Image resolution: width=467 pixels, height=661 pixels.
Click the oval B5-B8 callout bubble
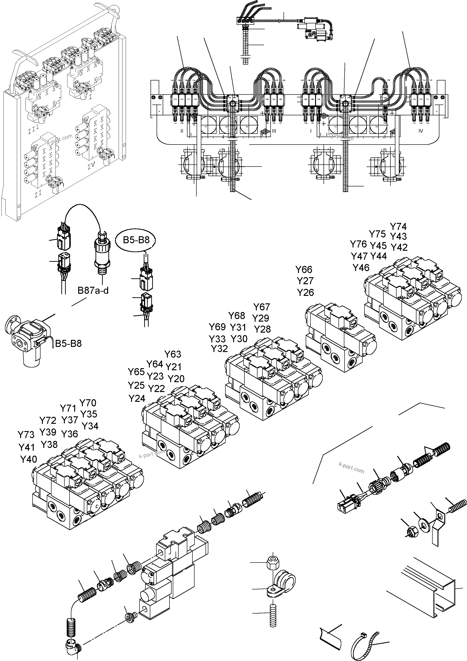pyautogui.click(x=136, y=240)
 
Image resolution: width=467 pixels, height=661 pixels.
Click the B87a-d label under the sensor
pyautogui.click(x=93, y=291)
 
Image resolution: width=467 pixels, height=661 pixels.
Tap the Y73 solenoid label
pyautogui.click(x=26, y=434)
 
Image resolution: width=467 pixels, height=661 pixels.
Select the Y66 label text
pyautogui.click(x=304, y=269)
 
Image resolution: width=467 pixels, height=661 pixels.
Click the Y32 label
pyautogui.click(x=219, y=349)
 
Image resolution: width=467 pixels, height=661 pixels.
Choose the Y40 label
pyautogui.click(x=29, y=459)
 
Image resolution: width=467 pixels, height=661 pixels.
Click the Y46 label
pyautogui.click(x=361, y=268)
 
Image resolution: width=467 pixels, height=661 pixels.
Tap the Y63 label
pyautogui.click(x=173, y=354)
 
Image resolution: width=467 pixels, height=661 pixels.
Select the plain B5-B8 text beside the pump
pyautogui.click(x=68, y=343)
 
